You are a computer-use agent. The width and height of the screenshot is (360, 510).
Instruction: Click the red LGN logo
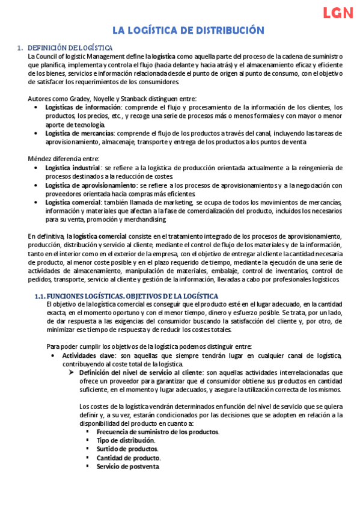[x=338, y=14]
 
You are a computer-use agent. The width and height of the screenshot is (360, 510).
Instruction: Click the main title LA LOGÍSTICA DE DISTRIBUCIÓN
[x=180, y=30]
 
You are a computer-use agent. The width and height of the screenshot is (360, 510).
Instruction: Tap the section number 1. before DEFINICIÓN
[x=20, y=48]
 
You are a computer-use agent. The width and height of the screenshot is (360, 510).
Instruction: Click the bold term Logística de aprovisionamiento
[x=91, y=185]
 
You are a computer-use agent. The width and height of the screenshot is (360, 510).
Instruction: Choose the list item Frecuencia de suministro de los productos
[x=157, y=432]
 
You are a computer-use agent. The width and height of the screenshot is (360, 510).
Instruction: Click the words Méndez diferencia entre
[x=59, y=159]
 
